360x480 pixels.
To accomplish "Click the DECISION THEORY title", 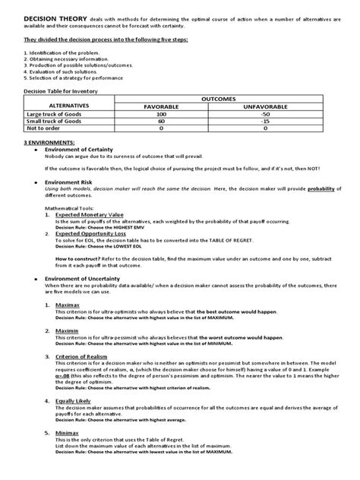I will (x=43, y=17).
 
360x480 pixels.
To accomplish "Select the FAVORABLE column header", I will (x=178, y=107).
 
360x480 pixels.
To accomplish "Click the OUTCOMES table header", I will (x=232, y=99).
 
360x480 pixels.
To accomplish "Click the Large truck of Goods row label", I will (x=51, y=115).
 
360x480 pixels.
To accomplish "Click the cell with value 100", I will (x=178, y=115).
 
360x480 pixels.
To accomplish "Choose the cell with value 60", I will (x=178, y=122).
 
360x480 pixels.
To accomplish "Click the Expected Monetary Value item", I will (x=88, y=215).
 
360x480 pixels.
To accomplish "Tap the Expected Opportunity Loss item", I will (x=90, y=235).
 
